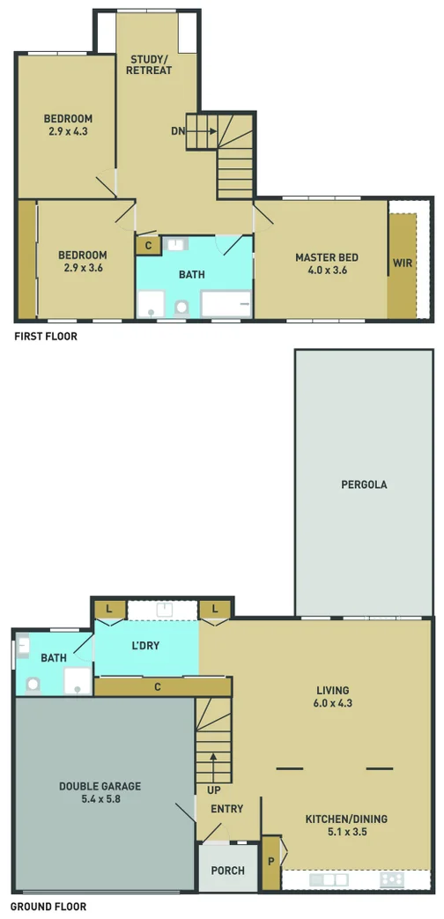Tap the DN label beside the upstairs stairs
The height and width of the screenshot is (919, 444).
coord(179,131)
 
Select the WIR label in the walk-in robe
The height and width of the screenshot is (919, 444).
coord(403,263)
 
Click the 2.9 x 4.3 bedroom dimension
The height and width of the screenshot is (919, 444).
coord(68,131)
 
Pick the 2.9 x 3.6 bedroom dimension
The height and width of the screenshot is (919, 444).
coord(84,267)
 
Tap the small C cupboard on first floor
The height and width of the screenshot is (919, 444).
coord(149,245)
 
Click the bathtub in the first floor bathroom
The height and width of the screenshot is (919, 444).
coord(226,304)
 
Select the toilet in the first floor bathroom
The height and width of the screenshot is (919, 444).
coord(182,308)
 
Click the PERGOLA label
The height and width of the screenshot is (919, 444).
coord(364,484)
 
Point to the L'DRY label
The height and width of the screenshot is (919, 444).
coord(145,645)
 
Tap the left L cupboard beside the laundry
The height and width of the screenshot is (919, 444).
coord(109,608)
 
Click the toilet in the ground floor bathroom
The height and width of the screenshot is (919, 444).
coord(34,683)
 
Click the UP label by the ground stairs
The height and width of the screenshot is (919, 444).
coord(213,789)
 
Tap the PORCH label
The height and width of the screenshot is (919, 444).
coord(227,871)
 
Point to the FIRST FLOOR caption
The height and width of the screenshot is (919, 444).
coord(45,337)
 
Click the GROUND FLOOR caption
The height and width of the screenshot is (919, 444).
coord(48,906)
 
